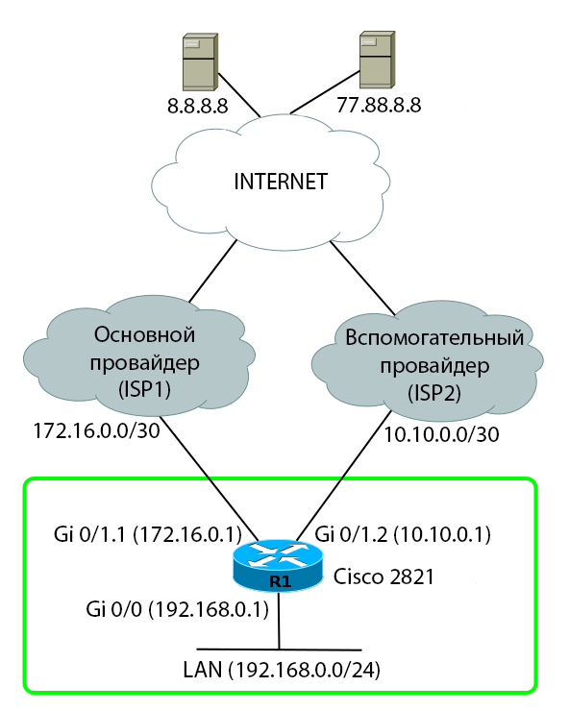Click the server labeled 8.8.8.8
click(x=201, y=61)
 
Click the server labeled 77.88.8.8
click(x=377, y=60)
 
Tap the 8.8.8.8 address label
click(x=197, y=106)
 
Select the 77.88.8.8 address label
click(x=379, y=105)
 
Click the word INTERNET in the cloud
click(x=281, y=182)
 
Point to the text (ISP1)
click(x=144, y=389)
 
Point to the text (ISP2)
click(x=434, y=393)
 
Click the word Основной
click(x=144, y=335)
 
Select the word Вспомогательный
click(x=434, y=338)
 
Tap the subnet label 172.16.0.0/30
click(x=97, y=430)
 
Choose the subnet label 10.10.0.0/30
click(x=441, y=434)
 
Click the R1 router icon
click(x=278, y=566)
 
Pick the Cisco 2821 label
click(x=383, y=576)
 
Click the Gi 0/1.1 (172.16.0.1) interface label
click(x=148, y=534)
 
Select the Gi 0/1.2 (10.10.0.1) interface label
click(x=403, y=534)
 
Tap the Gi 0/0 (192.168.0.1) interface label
click(x=178, y=609)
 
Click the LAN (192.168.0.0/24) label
click(x=282, y=670)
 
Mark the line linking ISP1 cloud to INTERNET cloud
click(x=212, y=271)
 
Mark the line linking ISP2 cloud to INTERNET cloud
click(x=362, y=278)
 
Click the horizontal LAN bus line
click(x=280, y=650)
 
